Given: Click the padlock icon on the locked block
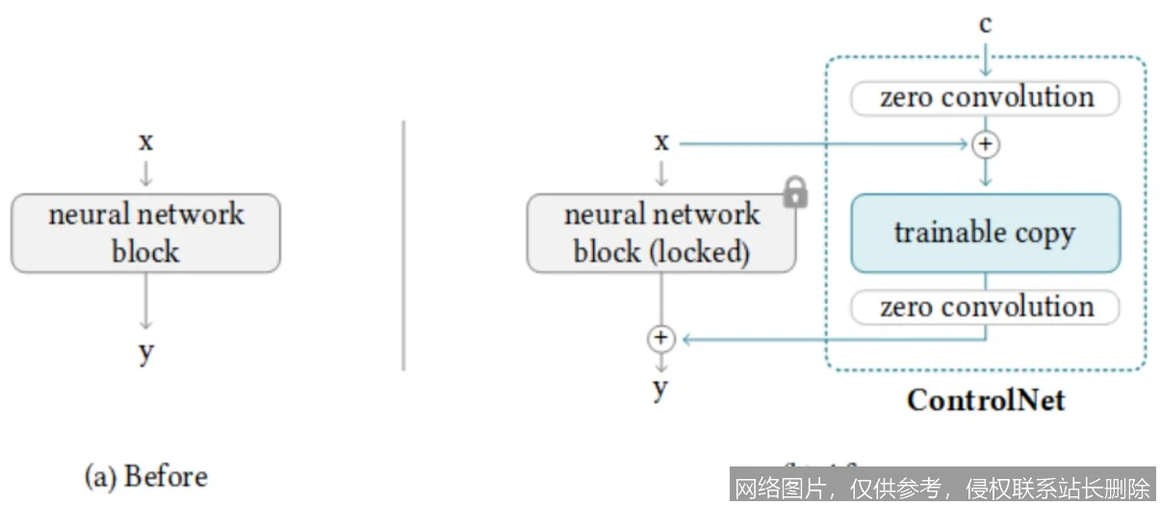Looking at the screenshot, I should (795, 192).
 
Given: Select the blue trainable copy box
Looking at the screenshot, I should (985, 233).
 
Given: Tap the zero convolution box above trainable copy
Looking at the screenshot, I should (985, 98).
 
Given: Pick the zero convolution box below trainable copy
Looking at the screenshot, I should (985, 307).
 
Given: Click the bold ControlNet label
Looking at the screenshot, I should (986, 400).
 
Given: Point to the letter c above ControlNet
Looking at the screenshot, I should (985, 23).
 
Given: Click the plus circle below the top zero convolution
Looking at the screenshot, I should (985, 145).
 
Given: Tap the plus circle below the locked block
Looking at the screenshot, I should (660, 338).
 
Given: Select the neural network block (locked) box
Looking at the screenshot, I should (661, 233).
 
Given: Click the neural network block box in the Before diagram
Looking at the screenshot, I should (145, 233).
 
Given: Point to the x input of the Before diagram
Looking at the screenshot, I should (145, 143).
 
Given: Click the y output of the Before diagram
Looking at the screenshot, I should (145, 353).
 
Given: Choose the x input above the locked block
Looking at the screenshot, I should (661, 143).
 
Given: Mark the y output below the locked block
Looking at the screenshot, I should (660, 388).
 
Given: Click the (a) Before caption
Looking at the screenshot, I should (146, 476).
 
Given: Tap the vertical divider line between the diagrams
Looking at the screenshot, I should (403, 245).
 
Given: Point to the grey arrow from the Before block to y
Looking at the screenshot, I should (145, 301).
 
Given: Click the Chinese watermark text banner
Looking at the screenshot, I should (942, 487).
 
